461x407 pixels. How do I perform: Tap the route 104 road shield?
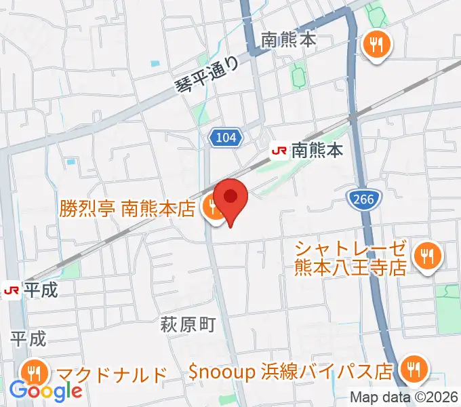pyautogui.click(x=225, y=138)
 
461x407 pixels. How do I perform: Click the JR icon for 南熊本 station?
pyautogui.click(x=279, y=150)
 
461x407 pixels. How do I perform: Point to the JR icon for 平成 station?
pyautogui.click(x=11, y=290)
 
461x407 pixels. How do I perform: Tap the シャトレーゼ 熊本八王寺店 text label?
pyautogui.click(x=350, y=257)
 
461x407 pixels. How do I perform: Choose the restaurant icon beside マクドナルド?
pyautogui.click(x=33, y=372)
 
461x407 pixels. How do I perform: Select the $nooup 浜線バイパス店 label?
pyautogui.click(x=291, y=371)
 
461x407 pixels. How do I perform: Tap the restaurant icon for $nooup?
pyautogui.click(x=412, y=370)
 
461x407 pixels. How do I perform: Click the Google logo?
pyautogui.click(x=45, y=391)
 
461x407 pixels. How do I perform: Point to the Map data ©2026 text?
pyautogui.click(x=403, y=398)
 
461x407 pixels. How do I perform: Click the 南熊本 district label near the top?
pyautogui.click(x=289, y=41)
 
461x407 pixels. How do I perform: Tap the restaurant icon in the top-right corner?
pyautogui.click(x=375, y=45)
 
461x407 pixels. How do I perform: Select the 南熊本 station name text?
pyautogui.click(x=319, y=150)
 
